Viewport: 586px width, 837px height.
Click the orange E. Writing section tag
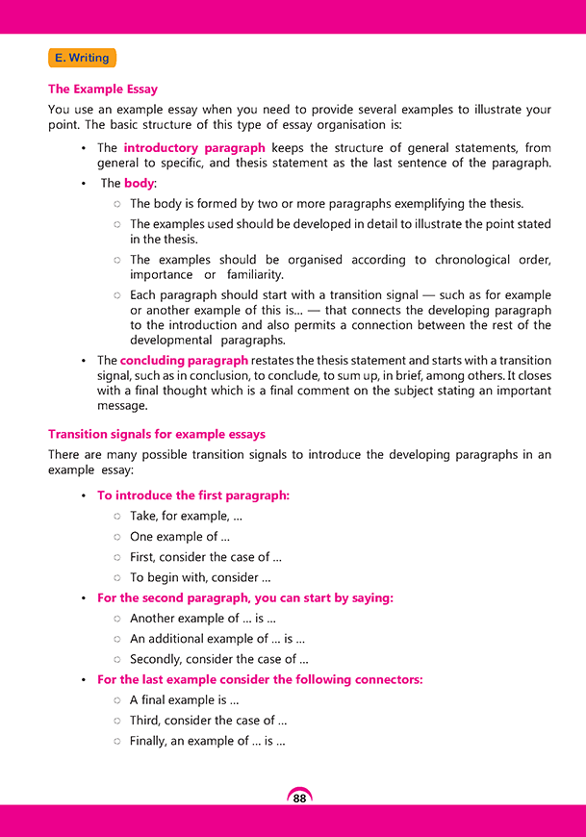coord(82,58)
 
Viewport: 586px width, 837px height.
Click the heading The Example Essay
coord(103,89)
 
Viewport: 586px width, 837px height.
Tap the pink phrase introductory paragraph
coord(194,148)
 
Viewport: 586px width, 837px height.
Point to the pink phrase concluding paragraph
coord(184,360)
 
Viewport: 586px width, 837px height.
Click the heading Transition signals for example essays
coord(157,434)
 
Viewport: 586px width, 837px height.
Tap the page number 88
coord(299,799)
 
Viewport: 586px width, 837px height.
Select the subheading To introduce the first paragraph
coord(193,495)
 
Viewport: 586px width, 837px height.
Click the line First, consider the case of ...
coord(206,557)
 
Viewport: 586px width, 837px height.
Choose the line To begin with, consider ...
coord(200,577)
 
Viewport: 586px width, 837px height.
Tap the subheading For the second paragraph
coord(245,597)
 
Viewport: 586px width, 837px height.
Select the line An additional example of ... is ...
coord(217,639)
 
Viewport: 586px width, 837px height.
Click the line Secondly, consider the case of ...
coord(219,659)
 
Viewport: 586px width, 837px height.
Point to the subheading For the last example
coord(260,679)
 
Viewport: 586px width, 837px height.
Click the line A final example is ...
coord(184,700)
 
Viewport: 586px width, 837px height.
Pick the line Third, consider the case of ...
coord(209,721)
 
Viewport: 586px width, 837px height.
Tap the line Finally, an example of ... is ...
coord(208,741)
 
